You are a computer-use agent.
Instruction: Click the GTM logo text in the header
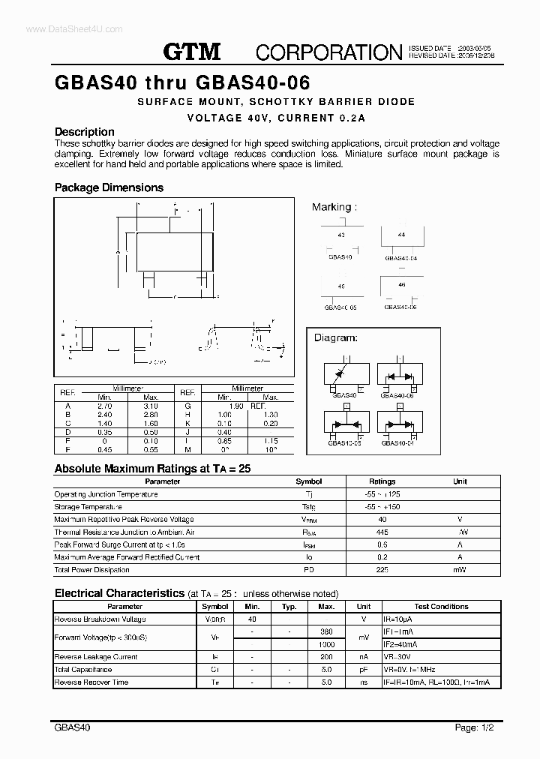(192, 52)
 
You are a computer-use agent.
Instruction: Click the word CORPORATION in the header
(329, 52)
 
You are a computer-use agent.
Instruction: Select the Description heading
(85, 132)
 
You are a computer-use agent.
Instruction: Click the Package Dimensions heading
(109, 187)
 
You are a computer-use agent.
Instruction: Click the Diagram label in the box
(335, 338)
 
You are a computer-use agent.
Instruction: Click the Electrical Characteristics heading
(119, 593)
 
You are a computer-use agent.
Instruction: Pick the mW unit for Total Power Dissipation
(460, 570)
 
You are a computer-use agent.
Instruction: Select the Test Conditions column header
(441, 607)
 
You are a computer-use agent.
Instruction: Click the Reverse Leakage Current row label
(96, 657)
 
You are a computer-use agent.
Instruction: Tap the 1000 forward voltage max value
(326, 644)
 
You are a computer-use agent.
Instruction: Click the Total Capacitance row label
(83, 670)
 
